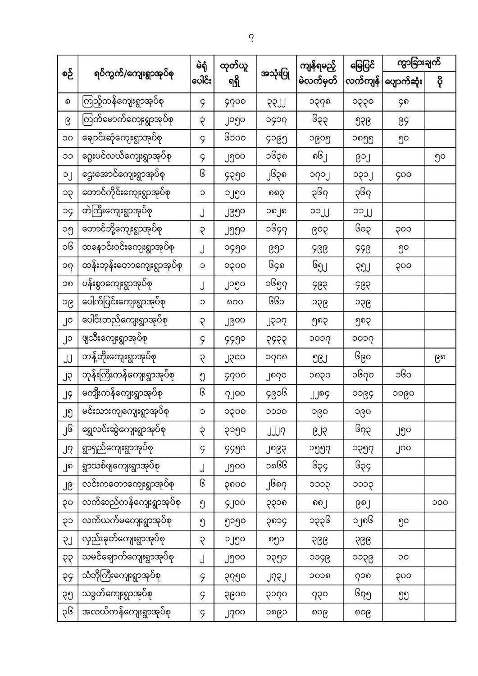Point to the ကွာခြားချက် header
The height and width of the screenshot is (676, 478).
(419, 64)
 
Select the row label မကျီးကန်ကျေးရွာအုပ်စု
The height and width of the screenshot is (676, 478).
(126, 393)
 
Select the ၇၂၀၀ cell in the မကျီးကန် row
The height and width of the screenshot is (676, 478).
(235, 393)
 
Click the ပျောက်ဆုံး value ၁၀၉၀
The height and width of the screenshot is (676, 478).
(403, 393)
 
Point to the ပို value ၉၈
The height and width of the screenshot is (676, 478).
(439, 357)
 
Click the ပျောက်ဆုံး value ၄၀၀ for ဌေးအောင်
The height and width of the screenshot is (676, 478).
(403, 175)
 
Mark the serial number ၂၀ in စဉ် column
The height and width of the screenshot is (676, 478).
(68, 321)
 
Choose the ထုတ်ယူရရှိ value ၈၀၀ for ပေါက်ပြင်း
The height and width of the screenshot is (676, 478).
(235, 302)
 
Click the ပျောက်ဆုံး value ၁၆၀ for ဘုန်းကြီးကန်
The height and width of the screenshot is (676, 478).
(403, 375)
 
